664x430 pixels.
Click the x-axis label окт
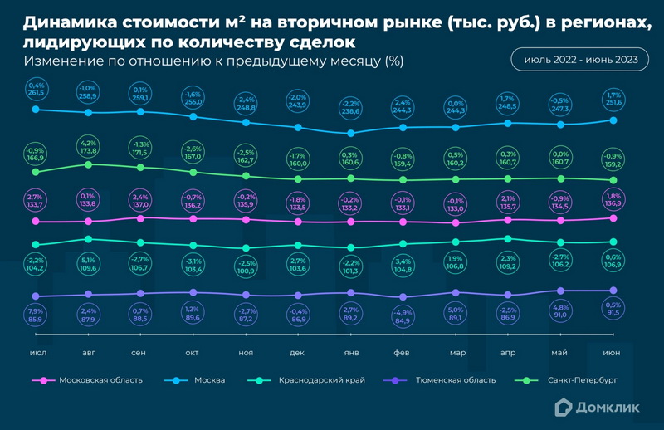pos(193,353)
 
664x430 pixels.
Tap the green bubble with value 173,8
pos(89,147)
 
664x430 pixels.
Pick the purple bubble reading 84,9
pos(403,316)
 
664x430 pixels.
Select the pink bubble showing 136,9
pos(613,200)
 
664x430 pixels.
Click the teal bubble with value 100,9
pos(246,266)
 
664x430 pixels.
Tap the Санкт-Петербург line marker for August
pos(89,164)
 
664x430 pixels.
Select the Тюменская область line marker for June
pos(613,291)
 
